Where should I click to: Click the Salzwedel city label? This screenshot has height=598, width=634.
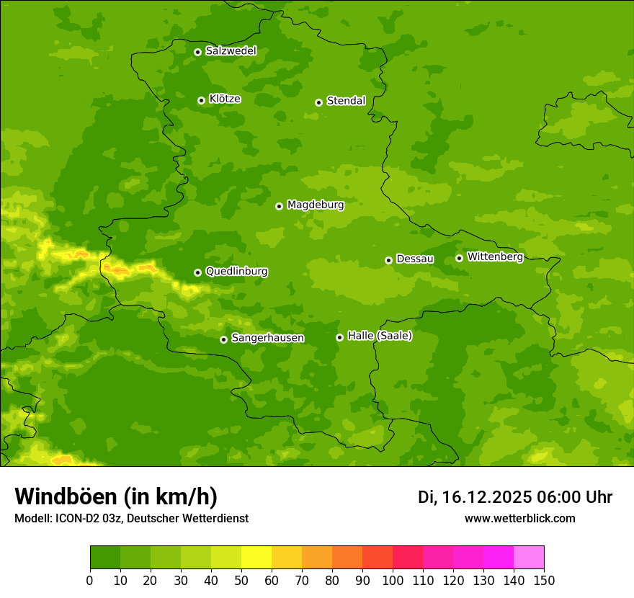coord(231,51)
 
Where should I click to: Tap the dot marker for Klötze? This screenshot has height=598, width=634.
coord(201,100)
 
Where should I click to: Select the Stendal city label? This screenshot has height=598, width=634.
coord(346,101)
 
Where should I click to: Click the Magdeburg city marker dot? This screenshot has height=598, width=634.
coord(279,206)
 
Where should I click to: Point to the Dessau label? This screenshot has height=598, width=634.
coord(415,259)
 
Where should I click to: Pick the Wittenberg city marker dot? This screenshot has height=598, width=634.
coord(459,258)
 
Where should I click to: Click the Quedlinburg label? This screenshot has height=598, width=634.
coord(236,272)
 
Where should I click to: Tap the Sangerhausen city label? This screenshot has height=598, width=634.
coord(267,338)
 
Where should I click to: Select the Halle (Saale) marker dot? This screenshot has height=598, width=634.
coord(339,337)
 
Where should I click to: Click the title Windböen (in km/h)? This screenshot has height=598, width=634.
coord(116,496)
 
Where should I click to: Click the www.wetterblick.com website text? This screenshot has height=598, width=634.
coord(520,518)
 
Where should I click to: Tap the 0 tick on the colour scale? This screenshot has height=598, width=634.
coord(90,581)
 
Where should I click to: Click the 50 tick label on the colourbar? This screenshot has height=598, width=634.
coord(241,581)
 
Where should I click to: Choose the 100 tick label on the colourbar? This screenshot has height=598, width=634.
coord(393,581)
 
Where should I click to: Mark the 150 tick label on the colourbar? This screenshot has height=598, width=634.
coord(544,581)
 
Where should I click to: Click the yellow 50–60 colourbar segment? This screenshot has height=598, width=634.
coord(256,558)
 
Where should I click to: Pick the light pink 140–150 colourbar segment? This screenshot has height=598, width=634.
coord(529,558)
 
